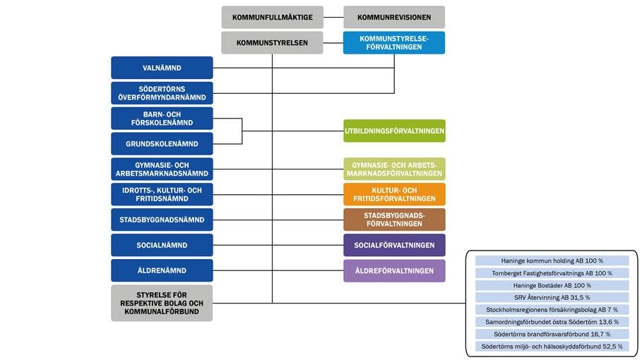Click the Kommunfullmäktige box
pyautogui.click(x=272, y=17)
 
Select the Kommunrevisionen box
pyautogui.click(x=394, y=17)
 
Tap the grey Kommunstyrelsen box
pyautogui.click(x=272, y=42)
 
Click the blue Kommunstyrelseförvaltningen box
pyautogui.click(x=394, y=42)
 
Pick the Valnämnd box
pyautogui.click(x=162, y=68)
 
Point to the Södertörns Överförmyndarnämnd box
pyautogui.click(x=162, y=93)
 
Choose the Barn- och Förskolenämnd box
pyautogui.click(x=162, y=118)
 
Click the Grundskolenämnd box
pyautogui.click(x=162, y=143)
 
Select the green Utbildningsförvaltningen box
pyautogui.click(x=394, y=131)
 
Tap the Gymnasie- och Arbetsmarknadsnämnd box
pyautogui.click(x=162, y=169)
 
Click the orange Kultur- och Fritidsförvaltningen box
pyautogui.click(x=394, y=194)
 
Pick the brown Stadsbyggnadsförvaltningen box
pyautogui.click(x=394, y=220)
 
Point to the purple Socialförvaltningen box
pyautogui.click(x=394, y=245)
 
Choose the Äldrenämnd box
pyautogui.click(x=162, y=270)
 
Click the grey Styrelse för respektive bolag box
pyautogui.click(x=162, y=303)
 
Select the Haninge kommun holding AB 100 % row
pyautogui.click(x=552, y=260)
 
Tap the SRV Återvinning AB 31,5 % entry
pyautogui.click(x=552, y=297)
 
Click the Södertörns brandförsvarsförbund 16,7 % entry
pyautogui.click(x=552, y=334)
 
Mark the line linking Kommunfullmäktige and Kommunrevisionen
pyautogui.click(x=333, y=17)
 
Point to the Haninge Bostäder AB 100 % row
pyautogui.click(x=552, y=285)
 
